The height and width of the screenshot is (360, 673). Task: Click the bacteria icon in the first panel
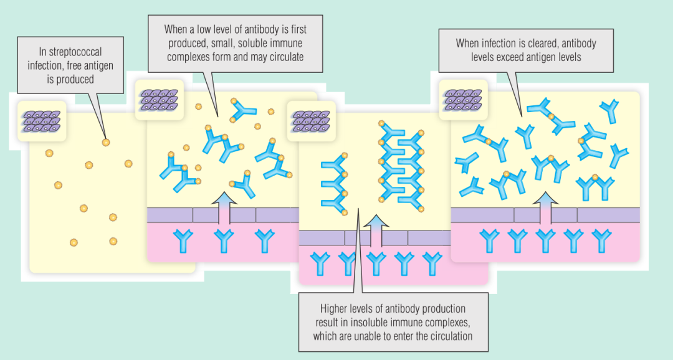click(42, 121)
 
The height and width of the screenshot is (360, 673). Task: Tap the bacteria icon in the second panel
click(159, 100)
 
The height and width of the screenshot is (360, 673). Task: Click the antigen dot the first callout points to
click(105, 143)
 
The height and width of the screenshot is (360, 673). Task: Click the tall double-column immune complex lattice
click(401, 164)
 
